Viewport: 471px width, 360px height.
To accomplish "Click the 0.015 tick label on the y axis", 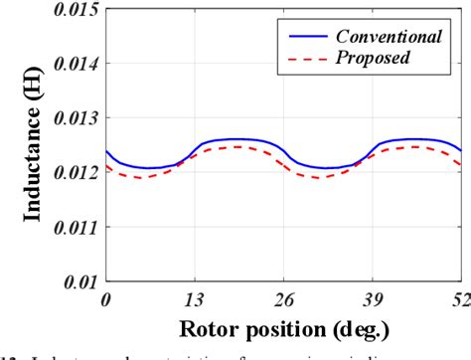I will point(73,10).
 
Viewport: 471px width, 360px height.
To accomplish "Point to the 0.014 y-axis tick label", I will point(73,64).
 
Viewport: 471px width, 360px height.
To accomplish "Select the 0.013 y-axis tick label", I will point(73,118).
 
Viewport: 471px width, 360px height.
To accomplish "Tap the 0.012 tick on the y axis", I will point(73,173).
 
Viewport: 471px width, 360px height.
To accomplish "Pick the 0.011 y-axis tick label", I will point(73,228).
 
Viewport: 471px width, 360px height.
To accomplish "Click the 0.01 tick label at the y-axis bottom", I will point(78,282).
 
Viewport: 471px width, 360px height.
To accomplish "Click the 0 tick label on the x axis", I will point(106,298).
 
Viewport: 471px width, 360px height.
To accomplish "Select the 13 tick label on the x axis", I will point(195,298).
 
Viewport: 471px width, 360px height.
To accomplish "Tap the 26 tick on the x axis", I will point(284,298).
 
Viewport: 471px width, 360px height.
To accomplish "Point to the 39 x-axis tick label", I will point(373,298).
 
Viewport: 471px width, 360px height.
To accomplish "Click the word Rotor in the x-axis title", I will point(208,327).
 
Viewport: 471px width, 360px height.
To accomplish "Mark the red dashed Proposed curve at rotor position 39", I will point(373,157).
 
